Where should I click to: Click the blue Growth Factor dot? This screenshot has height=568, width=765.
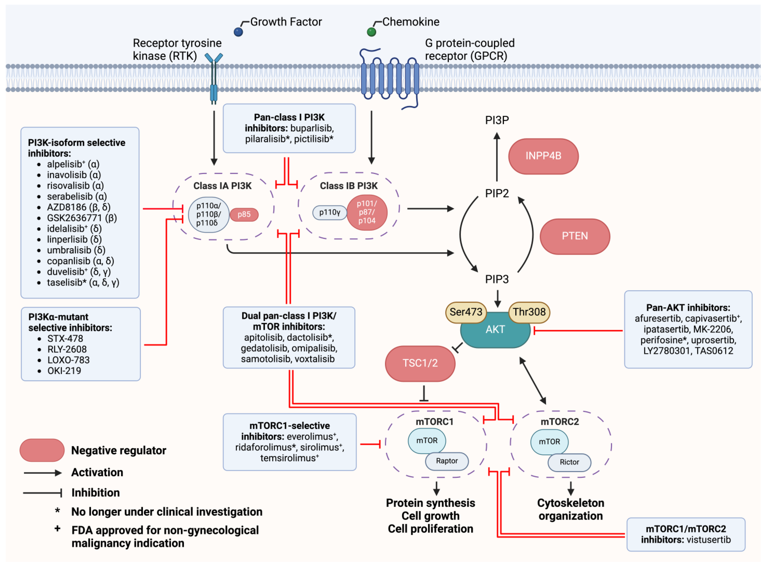[x=238, y=32]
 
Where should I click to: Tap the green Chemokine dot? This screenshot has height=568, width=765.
[x=371, y=32]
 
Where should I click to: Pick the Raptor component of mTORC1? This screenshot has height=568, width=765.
[x=447, y=461]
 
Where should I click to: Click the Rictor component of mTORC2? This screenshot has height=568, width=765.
[x=569, y=462]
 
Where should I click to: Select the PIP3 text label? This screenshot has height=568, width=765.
[x=497, y=279]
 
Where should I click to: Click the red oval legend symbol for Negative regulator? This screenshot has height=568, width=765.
[x=42, y=450]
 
